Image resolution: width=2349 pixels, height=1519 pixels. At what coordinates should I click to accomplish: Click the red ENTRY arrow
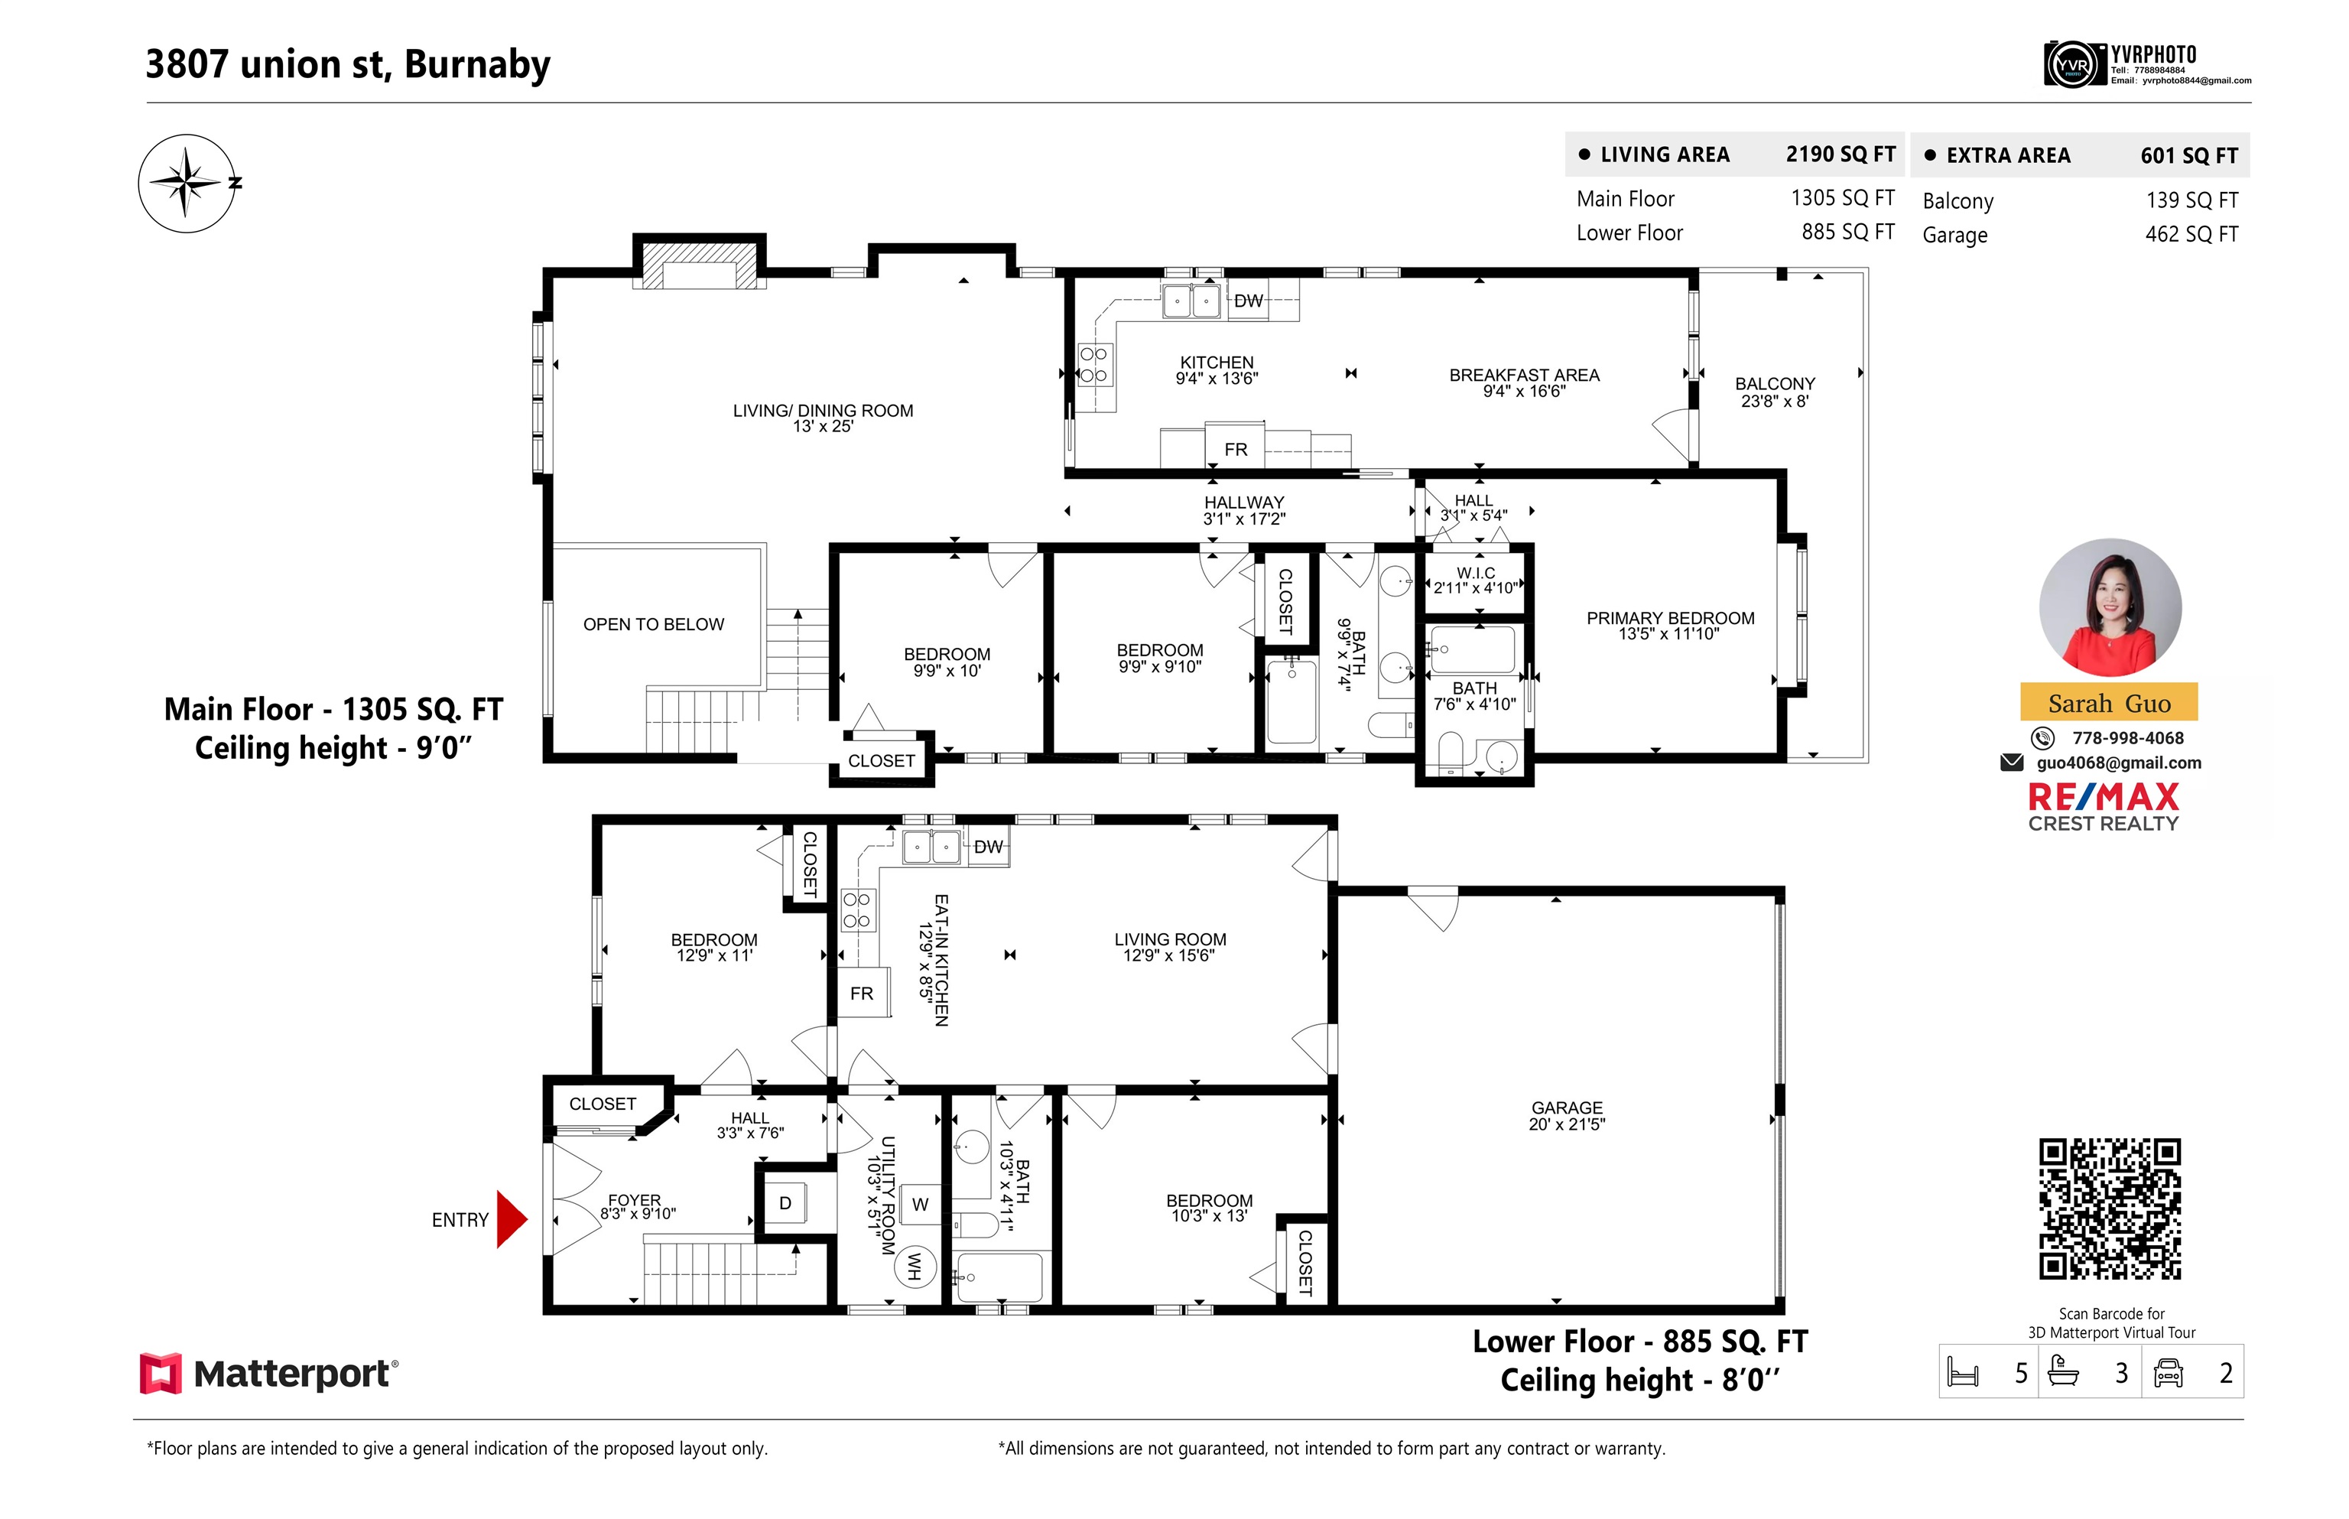tap(511, 1219)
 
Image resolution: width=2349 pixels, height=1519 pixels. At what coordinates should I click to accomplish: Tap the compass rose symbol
tap(187, 184)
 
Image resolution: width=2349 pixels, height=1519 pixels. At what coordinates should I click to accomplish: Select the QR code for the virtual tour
tap(2110, 1209)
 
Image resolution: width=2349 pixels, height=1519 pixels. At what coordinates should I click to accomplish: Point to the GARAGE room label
tap(1566, 1108)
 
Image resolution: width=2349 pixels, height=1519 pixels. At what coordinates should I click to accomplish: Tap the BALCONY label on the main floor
tap(1774, 384)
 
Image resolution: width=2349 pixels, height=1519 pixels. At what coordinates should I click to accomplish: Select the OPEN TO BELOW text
tap(653, 624)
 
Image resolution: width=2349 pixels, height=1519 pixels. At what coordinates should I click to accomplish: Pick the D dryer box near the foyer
tap(785, 1203)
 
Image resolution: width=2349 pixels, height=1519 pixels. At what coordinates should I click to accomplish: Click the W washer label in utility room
tap(920, 1205)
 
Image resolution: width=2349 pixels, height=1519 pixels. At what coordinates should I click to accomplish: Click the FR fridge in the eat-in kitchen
tap(861, 994)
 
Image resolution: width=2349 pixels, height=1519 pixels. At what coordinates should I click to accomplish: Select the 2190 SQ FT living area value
tap(1841, 154)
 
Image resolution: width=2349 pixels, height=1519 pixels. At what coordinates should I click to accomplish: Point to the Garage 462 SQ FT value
tap(2191, 235)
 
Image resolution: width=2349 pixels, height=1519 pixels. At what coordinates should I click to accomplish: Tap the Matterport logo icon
tap(161, 1373)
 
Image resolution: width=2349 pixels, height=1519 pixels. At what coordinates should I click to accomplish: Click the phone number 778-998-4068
tap(2127, 738)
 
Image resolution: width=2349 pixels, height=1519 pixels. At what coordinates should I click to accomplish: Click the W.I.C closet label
tap(1475, 573)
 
